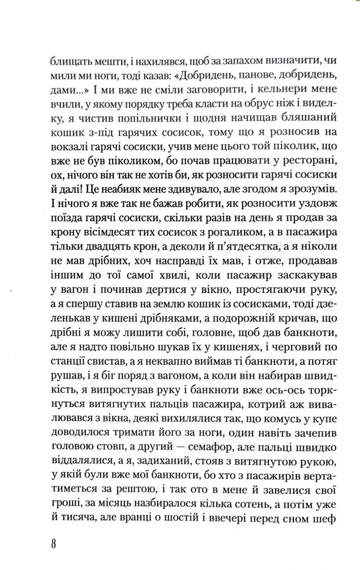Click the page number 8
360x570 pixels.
53,545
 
